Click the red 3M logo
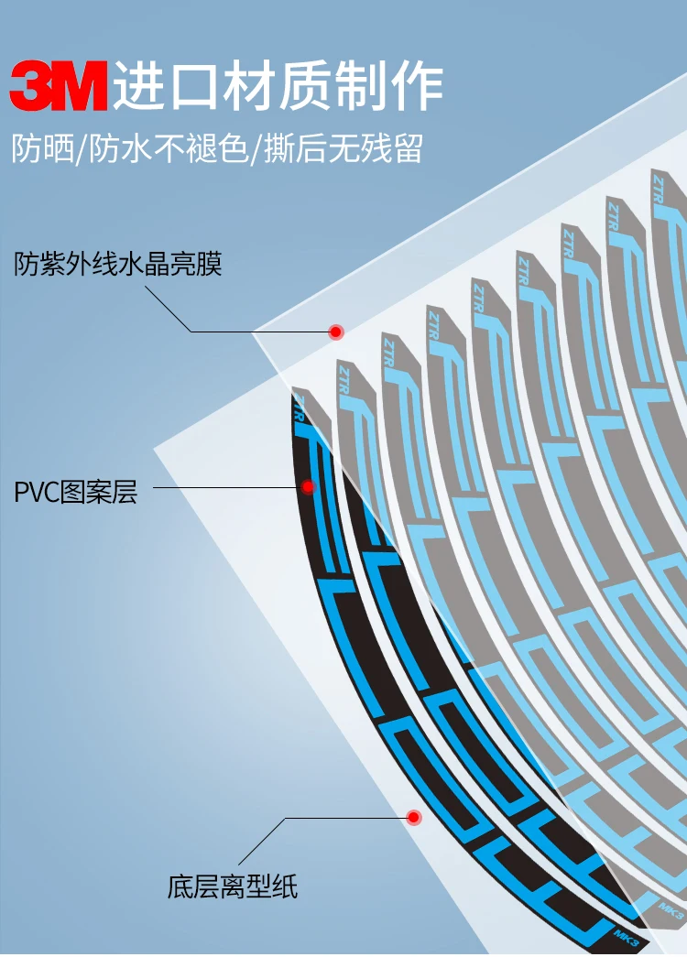[59, 85]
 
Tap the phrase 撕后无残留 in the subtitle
[343, 148]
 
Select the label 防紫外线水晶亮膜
[118, 265]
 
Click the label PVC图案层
[75, 492]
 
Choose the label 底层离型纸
[233, 886]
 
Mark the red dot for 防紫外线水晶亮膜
[336, 331]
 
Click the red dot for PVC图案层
[309, 486]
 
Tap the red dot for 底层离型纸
[413, 816]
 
